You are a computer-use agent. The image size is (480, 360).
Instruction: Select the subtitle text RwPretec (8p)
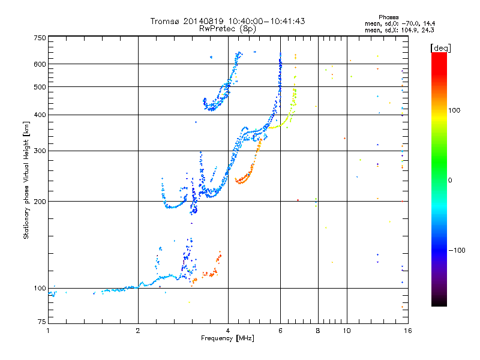coord(227,28)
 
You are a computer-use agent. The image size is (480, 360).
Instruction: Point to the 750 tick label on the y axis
coord(40,38)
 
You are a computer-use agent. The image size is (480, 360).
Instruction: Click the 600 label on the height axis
coord(40,64)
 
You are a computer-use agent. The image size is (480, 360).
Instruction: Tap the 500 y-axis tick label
coord(40,87)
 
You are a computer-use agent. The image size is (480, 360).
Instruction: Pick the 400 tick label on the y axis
coord(40,115)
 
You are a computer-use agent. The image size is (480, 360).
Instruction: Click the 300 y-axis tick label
coord(40,151)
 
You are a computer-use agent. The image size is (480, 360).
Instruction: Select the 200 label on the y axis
coord(40,202)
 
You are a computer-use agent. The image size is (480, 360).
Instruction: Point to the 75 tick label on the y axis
coord(42,322)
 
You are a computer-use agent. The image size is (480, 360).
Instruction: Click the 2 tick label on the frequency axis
coord(138,331)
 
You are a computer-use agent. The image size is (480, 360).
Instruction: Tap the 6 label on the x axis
coord(280,331)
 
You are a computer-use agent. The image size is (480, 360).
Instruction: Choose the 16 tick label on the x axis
coord(408,331)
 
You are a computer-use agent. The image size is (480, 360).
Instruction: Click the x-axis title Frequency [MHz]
coord(227,338)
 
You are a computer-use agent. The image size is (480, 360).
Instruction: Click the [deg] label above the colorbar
coord(440,49)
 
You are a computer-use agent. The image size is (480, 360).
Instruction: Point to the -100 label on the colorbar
coord(457,250)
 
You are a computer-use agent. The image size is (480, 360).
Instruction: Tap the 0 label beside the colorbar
coord(450,181)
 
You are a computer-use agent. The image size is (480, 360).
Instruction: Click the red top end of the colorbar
coord(439,54)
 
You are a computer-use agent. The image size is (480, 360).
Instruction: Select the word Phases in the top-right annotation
coord(388,17)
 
